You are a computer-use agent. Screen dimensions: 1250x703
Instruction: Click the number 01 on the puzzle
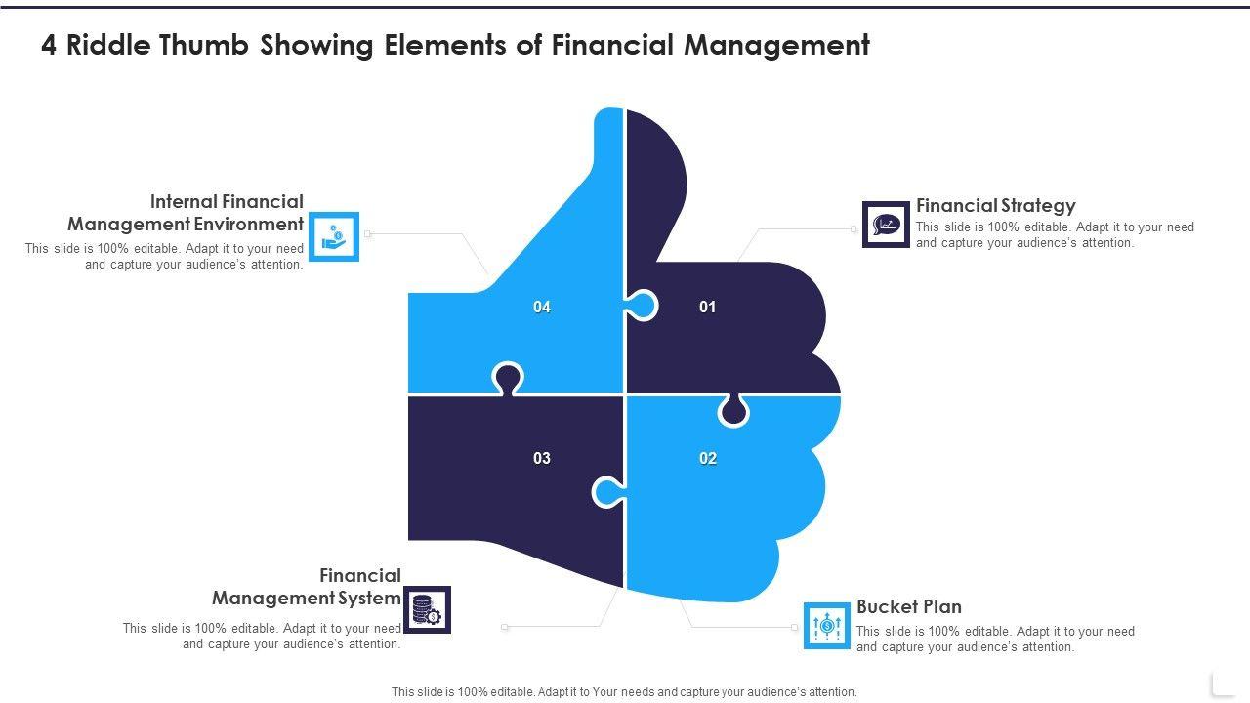(x=707, y=307)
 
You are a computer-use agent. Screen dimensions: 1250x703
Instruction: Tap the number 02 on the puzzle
(x=708, y=458)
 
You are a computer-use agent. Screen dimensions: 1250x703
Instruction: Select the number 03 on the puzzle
(x=542, y=458)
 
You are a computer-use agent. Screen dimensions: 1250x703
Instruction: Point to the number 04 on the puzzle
(x=542, y=307)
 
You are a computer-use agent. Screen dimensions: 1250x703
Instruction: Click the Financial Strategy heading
(x=995, y=205)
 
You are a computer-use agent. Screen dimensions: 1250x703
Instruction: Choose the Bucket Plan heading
(x=908, y=606)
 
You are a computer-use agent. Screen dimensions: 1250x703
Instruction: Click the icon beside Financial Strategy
(x=886, y=225)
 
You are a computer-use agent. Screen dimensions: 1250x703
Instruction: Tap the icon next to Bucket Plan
(x=827, y=625)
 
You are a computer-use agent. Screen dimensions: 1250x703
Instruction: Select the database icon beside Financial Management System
(x=427, y=609)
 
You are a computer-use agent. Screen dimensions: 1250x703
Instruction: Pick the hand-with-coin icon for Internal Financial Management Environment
(x=334, y=236)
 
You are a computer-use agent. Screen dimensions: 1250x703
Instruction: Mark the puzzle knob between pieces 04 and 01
(x=642, y=307)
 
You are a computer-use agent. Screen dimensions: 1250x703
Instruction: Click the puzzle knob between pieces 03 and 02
(x=607, y=492)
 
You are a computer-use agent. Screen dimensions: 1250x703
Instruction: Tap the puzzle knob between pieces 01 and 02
(x=733, y=410)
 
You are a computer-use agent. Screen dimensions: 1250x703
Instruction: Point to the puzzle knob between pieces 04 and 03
(x=508, y=379)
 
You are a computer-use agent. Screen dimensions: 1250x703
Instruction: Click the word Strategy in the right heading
(x=1037, y=205)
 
